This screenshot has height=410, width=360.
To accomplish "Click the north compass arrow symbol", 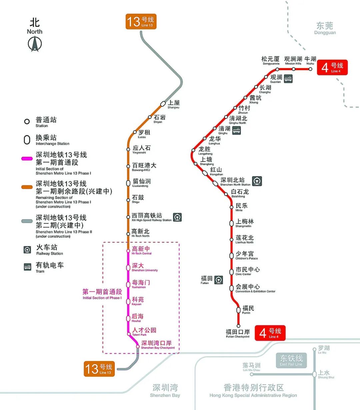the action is [x=35, y=44].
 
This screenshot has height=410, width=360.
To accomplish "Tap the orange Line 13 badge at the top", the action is [x=141, y=21].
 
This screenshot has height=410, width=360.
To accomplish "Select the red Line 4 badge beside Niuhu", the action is [x=332, y=67].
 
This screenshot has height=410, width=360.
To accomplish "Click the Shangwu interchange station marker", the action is [x=163, y=104].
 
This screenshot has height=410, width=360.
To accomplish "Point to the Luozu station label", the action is [x=144, y=134].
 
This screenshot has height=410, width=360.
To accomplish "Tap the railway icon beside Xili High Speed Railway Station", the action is [x=177, y=217].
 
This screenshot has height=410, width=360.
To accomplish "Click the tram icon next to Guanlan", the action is [x=288, y=78].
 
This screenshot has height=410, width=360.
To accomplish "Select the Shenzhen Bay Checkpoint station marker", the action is [x=138, y=347].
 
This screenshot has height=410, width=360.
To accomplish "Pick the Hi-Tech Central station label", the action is [x=141, y=250].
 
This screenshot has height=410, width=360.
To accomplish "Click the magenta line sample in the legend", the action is [x=27, y=159].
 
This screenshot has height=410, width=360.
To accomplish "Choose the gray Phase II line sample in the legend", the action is [x=27, y=221].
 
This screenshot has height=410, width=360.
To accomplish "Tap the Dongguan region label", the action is [x=325, y=28].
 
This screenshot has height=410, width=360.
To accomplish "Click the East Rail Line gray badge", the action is [x=291, y=360].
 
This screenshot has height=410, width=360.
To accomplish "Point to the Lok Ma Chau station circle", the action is [x=252, y=374].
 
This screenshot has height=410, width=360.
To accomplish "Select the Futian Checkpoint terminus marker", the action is [x=238, y=326].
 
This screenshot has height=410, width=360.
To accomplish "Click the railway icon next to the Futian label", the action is [x=219, y=280].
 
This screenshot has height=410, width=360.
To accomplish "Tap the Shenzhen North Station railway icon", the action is [x=257, y=181].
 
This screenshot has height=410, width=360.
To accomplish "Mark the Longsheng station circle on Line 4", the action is [x=193, y=150].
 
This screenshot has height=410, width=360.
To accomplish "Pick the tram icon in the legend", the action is [x=28, y=267].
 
